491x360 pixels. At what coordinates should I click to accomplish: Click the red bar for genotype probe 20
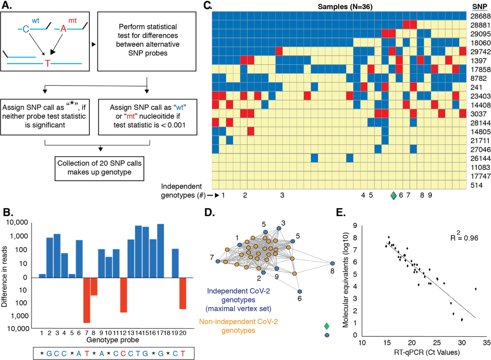pos(182,293)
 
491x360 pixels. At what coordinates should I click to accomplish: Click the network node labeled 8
pos(332,264)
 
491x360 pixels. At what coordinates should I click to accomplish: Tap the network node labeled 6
pos(300,291)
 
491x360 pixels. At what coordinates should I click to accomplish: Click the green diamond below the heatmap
pos(393,196)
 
